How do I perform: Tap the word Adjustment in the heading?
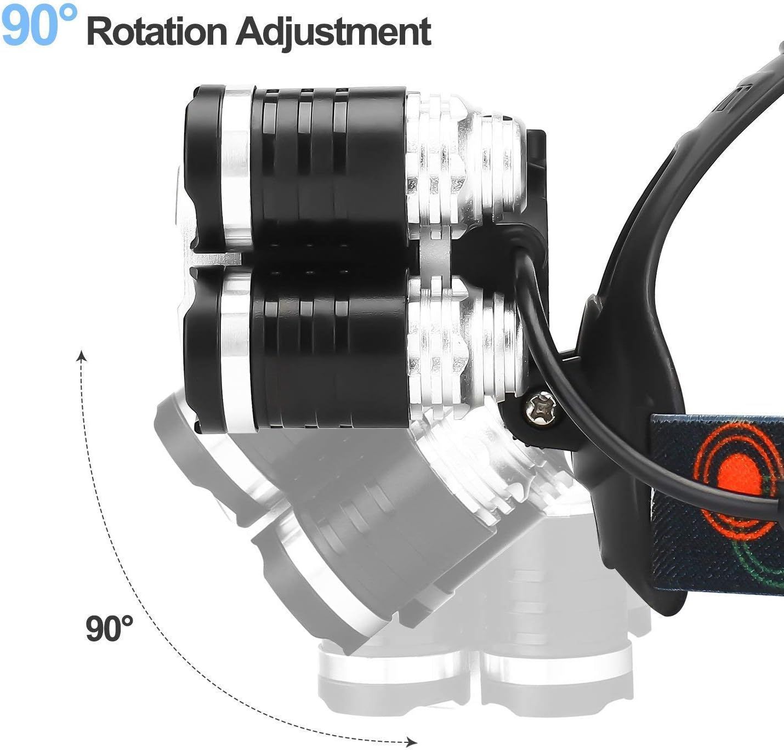(333, 33)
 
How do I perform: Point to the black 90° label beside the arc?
(109, 628)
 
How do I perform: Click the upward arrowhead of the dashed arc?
(82, 356)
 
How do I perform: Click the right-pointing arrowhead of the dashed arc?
(412, 742)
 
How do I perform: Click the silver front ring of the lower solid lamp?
(237, 353)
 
